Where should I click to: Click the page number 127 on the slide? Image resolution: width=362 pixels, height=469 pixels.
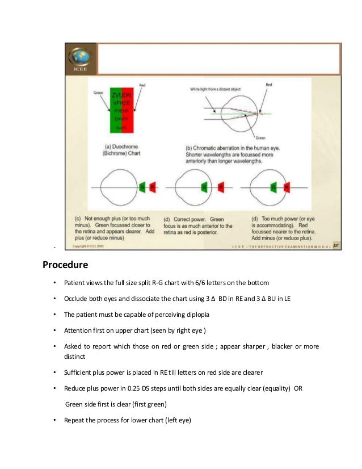pyautogui.click(x=335, y=245)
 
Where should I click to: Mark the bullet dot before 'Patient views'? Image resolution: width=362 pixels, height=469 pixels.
pyautogui.click(x=54, y=283)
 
